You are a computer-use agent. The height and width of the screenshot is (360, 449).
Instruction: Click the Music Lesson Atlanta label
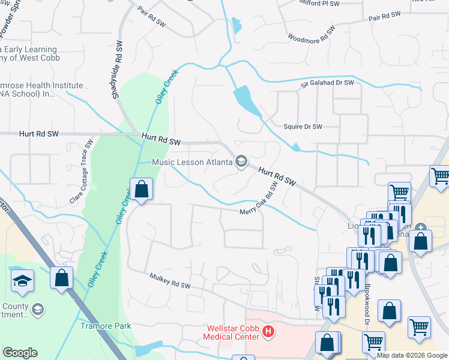(191, 162)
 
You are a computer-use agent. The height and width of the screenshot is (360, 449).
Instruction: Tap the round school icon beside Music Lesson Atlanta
(241, 162)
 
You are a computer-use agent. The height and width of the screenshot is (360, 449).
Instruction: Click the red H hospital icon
(269, 330)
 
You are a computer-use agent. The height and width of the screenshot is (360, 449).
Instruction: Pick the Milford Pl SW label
(320, 4)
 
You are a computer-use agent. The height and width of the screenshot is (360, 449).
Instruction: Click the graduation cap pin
(22, 280)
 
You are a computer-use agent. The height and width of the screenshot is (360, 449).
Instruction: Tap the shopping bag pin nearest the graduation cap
(61, 278)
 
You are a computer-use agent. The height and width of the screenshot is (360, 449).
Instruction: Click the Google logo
(20, 353)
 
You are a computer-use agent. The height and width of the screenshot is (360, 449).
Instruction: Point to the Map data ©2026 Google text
(412, 355)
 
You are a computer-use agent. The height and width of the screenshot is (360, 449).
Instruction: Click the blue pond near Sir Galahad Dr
(248, 100)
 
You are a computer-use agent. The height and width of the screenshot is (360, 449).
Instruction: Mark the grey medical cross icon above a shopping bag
(421, 227)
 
